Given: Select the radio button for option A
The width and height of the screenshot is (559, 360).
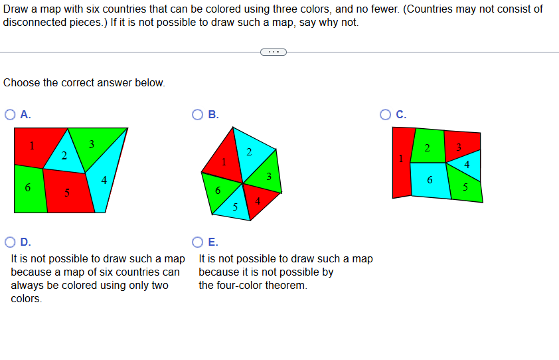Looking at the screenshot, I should point(11,114).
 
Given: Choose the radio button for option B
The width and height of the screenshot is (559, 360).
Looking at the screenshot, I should point(198,114).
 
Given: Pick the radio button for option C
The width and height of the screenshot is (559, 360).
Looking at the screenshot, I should point(386,114).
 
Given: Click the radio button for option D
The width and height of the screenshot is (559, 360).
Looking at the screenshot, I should point(11,242).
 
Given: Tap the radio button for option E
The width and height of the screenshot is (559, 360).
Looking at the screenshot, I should point(198,242).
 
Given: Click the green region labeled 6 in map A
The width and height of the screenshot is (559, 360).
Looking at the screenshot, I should point(29,189).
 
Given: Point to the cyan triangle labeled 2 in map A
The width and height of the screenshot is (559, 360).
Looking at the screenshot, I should point(63,154).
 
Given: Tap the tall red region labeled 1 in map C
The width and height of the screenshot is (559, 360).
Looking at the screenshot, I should point(401,163).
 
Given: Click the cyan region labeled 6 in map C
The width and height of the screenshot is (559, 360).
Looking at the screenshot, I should point(430,181).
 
